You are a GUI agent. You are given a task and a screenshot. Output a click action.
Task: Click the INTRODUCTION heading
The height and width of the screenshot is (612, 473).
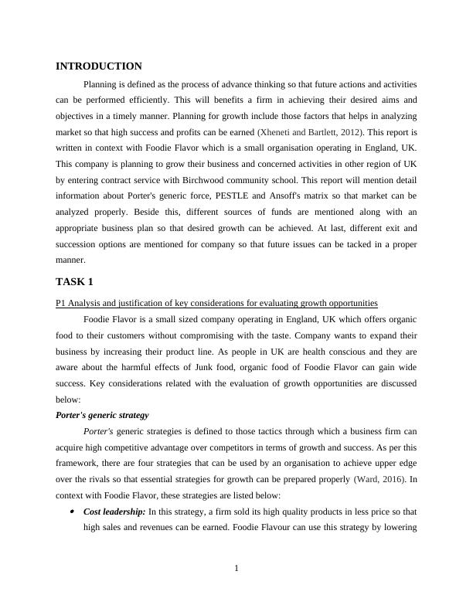[99, 66]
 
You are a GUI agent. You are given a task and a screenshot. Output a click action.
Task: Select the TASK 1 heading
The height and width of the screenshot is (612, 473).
[74, 281]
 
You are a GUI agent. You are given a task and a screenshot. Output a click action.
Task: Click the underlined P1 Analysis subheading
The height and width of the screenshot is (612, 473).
[217, 302]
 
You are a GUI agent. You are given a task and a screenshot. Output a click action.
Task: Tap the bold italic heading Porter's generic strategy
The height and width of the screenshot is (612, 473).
[102, 415]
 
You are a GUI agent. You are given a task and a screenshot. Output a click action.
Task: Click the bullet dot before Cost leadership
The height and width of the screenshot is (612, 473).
[73, 512]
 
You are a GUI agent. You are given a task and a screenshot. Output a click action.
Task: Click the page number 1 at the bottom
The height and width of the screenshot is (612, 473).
[236, 569]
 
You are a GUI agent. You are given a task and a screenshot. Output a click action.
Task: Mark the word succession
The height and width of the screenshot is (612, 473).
[80, 245]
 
